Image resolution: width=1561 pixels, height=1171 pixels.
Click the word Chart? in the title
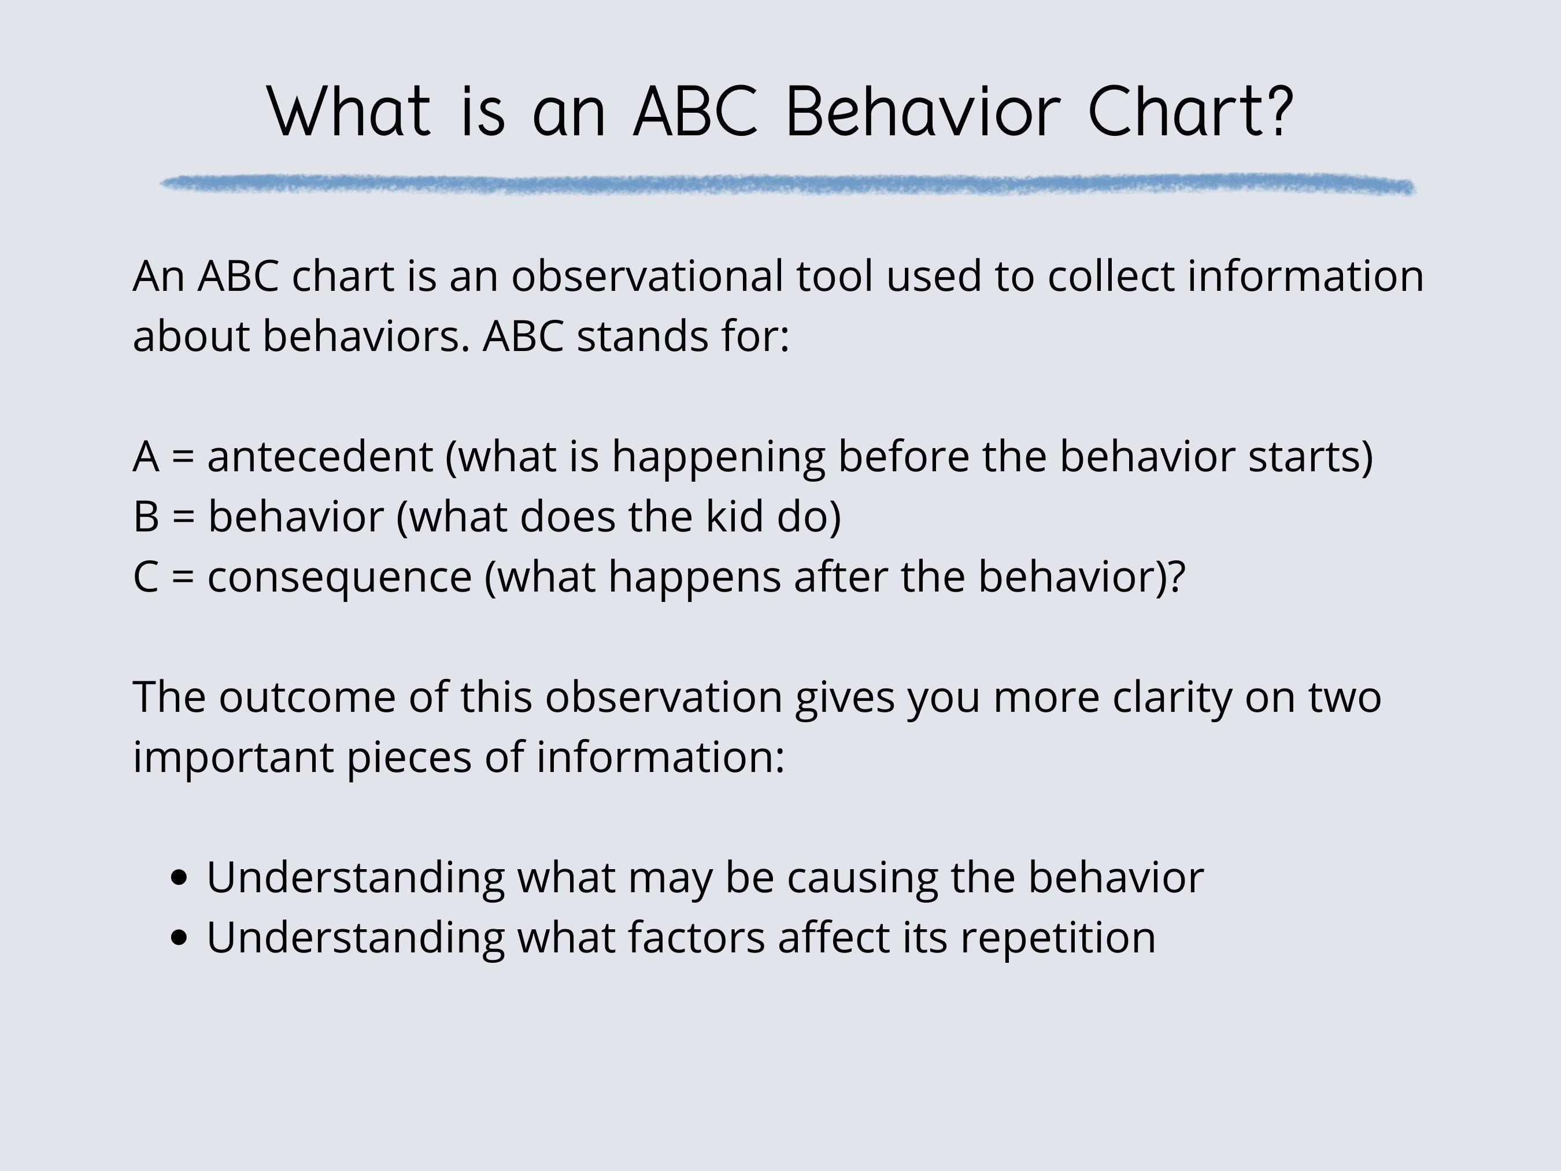1190,112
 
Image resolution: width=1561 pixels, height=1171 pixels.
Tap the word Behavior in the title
922,112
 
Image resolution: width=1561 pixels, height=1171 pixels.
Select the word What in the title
349,112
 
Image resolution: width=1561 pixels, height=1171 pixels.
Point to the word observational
647,276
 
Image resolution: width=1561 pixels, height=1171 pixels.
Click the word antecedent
320,457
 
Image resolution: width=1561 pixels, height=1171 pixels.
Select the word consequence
339,577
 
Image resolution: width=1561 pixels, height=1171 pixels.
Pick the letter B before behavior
145,516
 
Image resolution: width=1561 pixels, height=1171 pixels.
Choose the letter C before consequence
145,577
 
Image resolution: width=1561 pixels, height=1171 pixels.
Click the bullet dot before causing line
179,877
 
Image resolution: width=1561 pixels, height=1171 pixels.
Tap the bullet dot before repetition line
179,937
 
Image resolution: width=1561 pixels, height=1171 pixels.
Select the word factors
697,938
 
